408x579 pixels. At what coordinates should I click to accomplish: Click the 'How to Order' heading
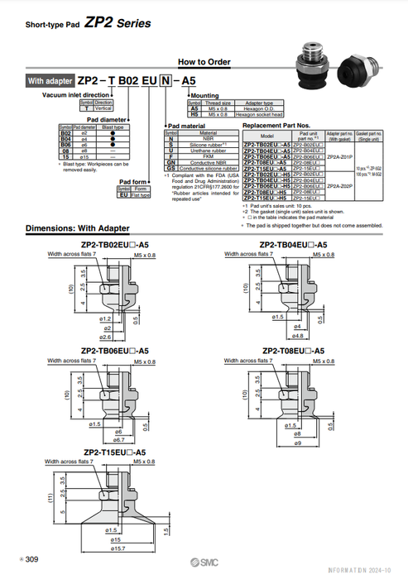coord(204,62)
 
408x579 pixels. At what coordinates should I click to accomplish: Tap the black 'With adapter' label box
coord(50,82)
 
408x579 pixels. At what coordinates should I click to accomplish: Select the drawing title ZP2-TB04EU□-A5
coord(293,244)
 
